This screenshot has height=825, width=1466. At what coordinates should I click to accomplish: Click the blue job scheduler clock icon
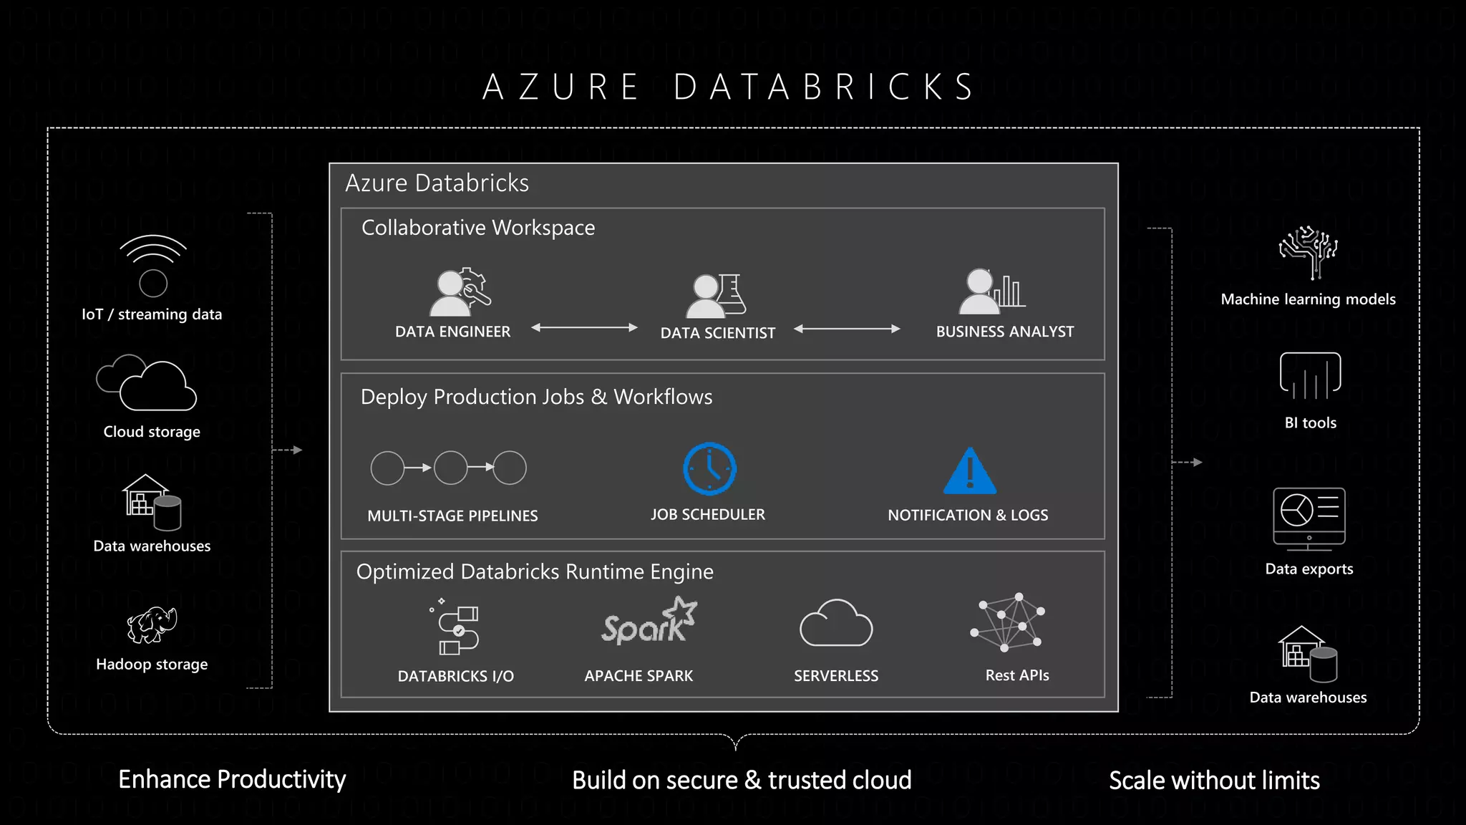click(709, 468)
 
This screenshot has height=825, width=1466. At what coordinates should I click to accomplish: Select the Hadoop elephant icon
click(152, 625)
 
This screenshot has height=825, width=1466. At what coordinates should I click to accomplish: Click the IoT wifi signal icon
click(152, 264)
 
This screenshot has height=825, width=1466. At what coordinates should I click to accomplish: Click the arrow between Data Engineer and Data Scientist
click(584, 328)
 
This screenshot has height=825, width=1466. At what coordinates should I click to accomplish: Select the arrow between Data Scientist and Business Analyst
click(847, 329)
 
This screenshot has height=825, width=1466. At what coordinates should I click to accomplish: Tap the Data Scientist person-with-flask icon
click(716, 296)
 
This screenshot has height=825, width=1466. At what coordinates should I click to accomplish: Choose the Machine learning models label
click(1308, 299)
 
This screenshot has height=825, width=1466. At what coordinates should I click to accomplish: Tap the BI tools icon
click(1310, 375)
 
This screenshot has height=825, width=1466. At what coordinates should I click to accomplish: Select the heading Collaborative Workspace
click(478, 228)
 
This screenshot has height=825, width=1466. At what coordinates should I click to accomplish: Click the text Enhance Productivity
click(232, 779)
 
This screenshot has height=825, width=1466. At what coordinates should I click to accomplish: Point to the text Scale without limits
click(1214, 781)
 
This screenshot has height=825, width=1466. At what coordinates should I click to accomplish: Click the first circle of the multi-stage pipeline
click(387, 468)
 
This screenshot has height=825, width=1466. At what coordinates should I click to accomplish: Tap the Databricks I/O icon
click(457, 629)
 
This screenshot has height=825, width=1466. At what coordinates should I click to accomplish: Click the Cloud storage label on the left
click(152, 432)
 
